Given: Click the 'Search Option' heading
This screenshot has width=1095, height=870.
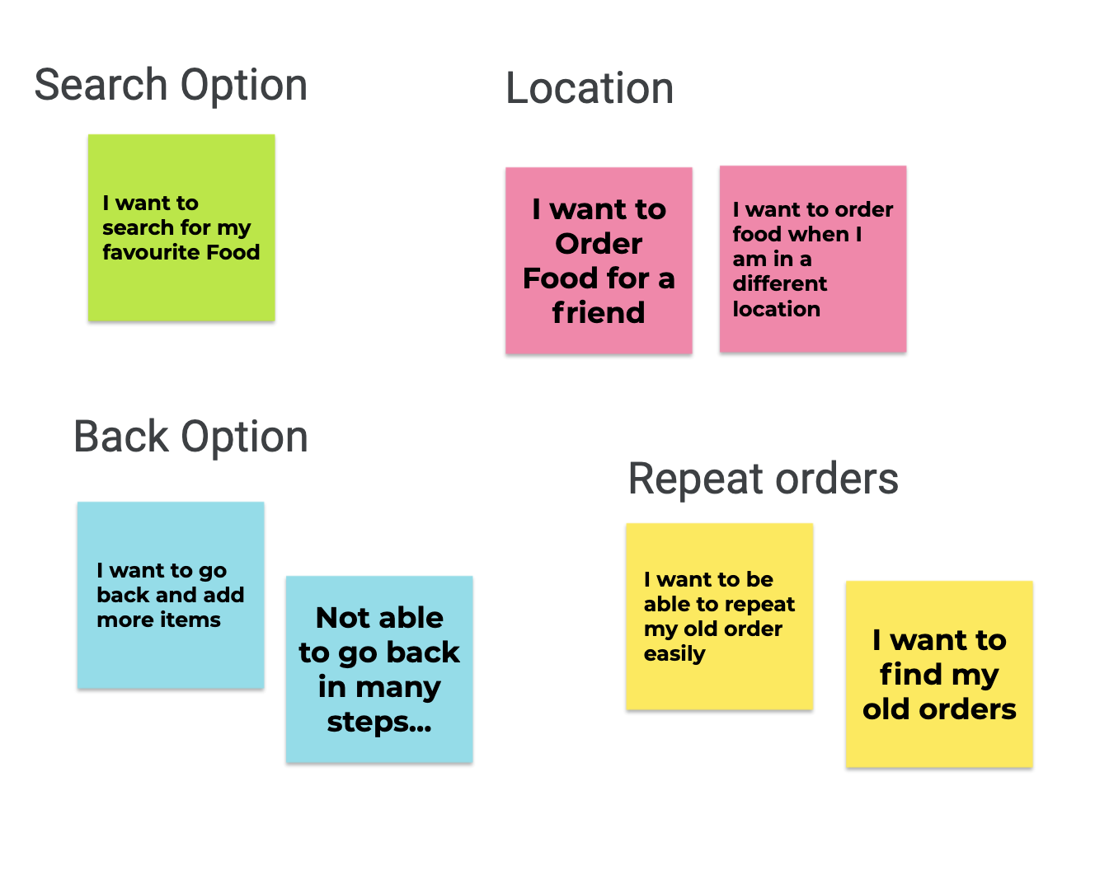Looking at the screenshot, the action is [x=171, y=86].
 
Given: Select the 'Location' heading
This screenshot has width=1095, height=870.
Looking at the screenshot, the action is [x=590, y=88].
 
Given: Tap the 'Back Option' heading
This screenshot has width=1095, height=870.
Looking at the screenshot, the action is [x=190, y=437].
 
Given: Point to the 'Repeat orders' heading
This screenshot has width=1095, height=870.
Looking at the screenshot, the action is [x=764, y=479].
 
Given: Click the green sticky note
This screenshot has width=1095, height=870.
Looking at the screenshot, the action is [x=181, y=227].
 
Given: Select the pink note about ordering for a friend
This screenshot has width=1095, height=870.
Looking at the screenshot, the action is [x=599, y=260].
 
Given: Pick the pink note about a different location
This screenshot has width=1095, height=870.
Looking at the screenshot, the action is [x=813, y=259].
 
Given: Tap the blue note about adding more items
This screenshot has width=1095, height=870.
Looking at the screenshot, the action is [x=171, y=596].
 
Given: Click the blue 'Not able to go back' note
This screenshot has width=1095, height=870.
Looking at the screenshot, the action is [x=379, y=669].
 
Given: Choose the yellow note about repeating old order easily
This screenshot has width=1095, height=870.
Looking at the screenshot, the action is [x=720, y=616].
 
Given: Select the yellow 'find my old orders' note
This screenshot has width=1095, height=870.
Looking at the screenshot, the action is [x=939, y=674].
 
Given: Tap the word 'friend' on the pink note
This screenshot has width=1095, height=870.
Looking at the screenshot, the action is [x=599, y=312].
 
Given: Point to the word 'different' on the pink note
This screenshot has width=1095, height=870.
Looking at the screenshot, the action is [x=779, y=283].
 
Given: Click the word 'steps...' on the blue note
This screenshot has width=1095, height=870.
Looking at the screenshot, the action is [x=379, y=723].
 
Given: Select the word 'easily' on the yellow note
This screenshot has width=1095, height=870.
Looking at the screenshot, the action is [x=674, y=654].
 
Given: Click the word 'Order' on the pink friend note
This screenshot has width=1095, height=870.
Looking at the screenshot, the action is [x=599, y=244].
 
